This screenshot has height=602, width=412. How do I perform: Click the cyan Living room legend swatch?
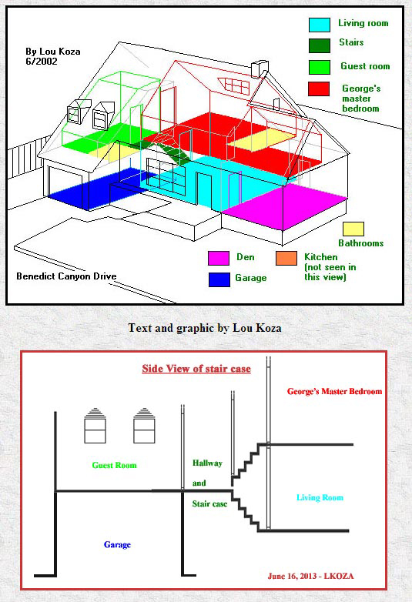tap(320, 25)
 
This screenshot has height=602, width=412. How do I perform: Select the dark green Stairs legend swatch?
tap(320, 45)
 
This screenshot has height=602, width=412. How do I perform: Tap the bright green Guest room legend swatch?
tap(320, 67)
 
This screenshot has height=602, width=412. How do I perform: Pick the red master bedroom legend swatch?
tap(319, 89)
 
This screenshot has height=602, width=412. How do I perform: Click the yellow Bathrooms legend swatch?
tap(353, 229)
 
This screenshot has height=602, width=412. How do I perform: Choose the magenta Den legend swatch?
tap(219, 258)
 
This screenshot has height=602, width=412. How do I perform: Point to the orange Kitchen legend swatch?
tap(286, 258)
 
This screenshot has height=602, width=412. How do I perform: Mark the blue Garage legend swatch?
tap(219, 279)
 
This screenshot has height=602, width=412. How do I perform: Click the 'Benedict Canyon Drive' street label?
tap(66, 276)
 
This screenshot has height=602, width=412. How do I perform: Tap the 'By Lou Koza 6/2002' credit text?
tap(52, 56)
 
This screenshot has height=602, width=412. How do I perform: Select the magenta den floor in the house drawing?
tap(285, 206)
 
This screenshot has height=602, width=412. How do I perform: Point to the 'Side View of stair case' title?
tap(196, 369)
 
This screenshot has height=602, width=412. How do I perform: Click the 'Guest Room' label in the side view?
tap(114, 465)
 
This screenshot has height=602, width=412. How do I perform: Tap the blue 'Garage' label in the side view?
tap(117, 544)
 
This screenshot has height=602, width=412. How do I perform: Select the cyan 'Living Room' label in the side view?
tap(320, 497)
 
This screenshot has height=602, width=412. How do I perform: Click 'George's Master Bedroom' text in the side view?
tap(334, 392)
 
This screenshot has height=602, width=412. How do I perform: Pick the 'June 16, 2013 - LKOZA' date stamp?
tap(310, 576)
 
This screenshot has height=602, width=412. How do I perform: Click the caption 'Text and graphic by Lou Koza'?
tap(205, 328)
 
